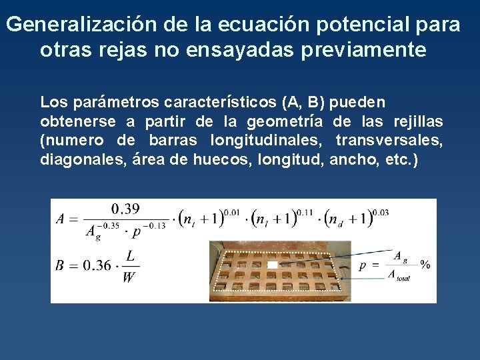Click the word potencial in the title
(347, 25)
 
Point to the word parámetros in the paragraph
(117, 103)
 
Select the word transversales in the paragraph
(388, 141)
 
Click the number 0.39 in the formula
(125, 209)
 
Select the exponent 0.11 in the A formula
(305, 212)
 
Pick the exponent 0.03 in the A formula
(380, 212)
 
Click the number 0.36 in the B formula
(97, 265)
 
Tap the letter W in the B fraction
(129, 277)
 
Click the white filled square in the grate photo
(272, 265)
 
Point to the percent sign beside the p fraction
(425, 265)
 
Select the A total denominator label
(399, 275)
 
